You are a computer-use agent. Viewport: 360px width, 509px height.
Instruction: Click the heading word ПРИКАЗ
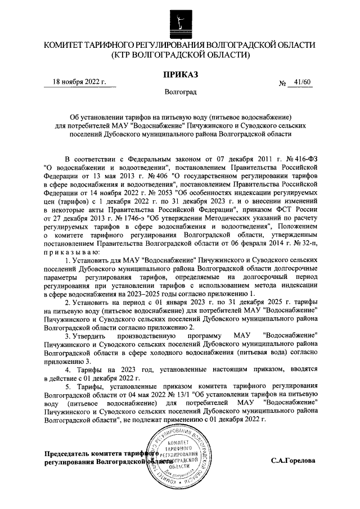pyautogui.click(x=180, y=74)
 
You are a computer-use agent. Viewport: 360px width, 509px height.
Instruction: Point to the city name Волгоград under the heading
pyautogui.click(x=180, y=91)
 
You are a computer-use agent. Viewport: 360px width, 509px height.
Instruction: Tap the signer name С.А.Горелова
pyautogui.click(x=292, y=461)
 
